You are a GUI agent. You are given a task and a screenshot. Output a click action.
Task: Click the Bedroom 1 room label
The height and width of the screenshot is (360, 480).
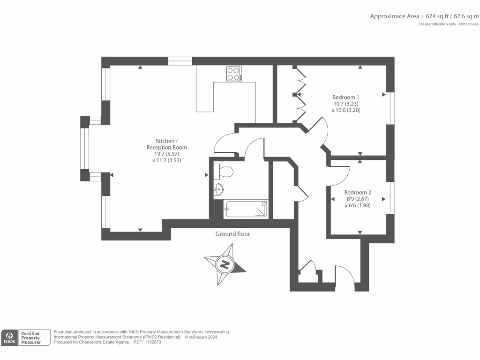click(x=346, y=97)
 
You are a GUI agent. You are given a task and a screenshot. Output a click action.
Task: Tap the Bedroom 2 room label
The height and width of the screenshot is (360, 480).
click(x=358, y=192)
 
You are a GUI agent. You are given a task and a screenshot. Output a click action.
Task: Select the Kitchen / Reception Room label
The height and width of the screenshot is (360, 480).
click(x=166, y=144)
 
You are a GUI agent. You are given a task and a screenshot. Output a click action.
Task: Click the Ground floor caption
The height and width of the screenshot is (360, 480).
click(x=232, y=234)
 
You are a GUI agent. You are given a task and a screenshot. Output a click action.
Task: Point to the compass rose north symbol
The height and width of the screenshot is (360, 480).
click(x=225, y=264)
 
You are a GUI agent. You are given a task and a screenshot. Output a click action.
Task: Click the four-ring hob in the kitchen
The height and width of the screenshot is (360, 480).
click(x=234, y=74)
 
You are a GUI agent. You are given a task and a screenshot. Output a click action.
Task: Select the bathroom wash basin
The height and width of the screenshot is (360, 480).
click(x=218, y=190)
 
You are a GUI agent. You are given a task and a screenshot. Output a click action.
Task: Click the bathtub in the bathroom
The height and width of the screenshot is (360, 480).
click(x=246, y=209)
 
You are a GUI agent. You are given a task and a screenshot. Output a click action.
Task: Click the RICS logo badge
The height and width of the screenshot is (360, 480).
click(x=9, y=338)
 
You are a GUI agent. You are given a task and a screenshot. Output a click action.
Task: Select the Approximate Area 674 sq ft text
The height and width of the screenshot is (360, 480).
click(x=425, y=16)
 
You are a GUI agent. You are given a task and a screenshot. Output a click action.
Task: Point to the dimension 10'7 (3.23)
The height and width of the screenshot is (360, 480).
click(x=346, y=104)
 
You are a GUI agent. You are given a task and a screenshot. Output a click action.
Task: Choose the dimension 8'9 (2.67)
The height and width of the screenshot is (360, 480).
click(x=358, y=199)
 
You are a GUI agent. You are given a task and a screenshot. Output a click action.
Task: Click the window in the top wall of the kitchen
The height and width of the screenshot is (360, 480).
click(x=180, y=61)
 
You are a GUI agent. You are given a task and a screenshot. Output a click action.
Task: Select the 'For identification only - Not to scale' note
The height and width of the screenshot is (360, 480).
click(x=449, y=24)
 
